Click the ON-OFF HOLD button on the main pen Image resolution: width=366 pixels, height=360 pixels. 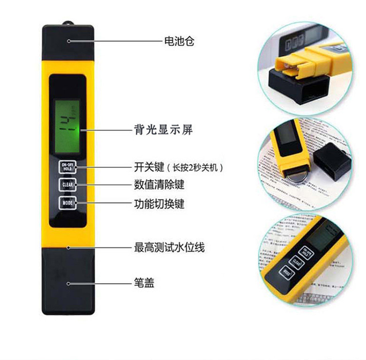tap(66, 166)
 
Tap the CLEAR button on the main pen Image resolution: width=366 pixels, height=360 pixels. tap(66, 185)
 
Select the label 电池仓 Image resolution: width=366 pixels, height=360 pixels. tap(179, 41)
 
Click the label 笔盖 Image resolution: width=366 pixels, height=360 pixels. tap(144, 283)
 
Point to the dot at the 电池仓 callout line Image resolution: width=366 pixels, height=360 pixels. tap(69, 41)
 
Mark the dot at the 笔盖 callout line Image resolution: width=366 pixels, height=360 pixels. tap(69, 283)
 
